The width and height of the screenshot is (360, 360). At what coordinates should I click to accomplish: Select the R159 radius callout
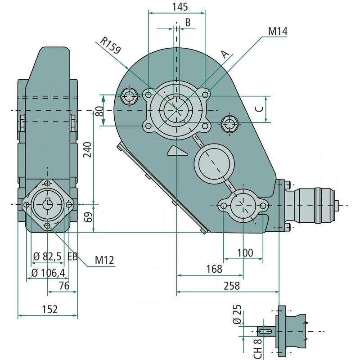111,45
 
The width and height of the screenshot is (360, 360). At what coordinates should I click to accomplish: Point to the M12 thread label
104,260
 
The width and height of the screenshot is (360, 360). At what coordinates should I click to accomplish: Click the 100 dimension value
244,252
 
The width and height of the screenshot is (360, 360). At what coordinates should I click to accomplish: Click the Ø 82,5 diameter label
47,256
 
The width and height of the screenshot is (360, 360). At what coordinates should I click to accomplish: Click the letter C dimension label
259,109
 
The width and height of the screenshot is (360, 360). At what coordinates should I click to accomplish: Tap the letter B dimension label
188,22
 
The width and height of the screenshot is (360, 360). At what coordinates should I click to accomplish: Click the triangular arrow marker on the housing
176,151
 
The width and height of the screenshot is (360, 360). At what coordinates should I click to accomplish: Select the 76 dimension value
64,286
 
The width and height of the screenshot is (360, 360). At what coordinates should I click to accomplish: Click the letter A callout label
226,54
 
